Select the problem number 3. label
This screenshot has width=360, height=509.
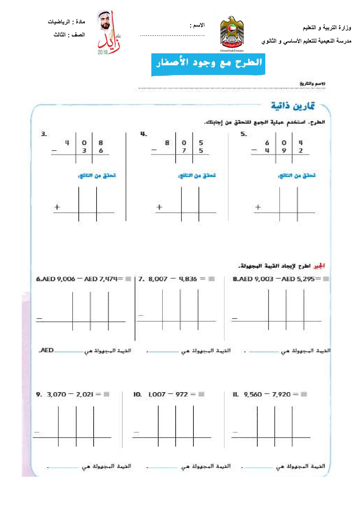pyautogui.click(x=44, y=134)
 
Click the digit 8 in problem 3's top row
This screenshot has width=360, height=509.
pyautogui.click(x=101, y=143)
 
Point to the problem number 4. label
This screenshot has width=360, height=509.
pyautogui.click(x=144, y=134)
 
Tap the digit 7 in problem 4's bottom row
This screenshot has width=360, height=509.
pyautogui.click(x=184, y=151)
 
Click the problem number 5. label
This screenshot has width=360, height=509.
pyautogui.click(x=244, y=134)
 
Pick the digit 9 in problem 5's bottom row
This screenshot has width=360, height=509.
pyautogui.click(x=284, y=151)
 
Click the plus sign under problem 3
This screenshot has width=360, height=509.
pyautogui.click(x=57, y=207)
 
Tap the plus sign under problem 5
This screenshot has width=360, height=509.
pyautogui.click(x=258, y=207)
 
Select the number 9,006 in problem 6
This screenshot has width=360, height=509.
pyautogui.click(x=66, y=279)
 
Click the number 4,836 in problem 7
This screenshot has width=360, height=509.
pyautogui.click(x=188, y=279)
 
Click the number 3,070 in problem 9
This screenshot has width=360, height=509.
pyautogui.click(x=57, y=394)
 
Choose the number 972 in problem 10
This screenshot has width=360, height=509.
pyautogui.click(x=181, y=394)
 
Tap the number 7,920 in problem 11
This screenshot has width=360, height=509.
pyautogui.click(x=281, y=394)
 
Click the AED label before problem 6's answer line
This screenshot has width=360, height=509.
pyautogui.click(x=47, y=350)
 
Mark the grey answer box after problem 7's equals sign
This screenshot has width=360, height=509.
pyautogui.click(x=212, y=279)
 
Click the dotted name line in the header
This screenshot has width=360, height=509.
pyautogui.click(x=172, y=36)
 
